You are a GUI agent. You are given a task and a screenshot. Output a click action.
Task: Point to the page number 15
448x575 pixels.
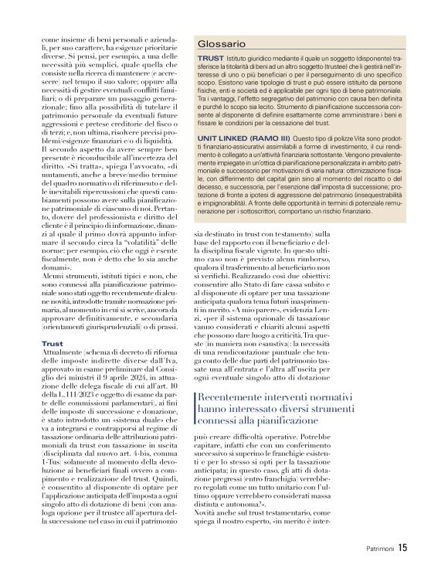[402, 549]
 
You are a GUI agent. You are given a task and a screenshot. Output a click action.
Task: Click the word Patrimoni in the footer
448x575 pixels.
[380, 549]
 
